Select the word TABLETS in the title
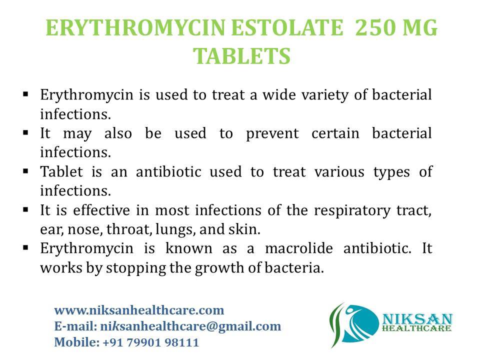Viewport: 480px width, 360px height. (241, 56)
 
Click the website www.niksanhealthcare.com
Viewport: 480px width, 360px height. (139, 310)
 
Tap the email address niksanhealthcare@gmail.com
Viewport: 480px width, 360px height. (190, 326)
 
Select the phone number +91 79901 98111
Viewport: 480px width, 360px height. (150, 343)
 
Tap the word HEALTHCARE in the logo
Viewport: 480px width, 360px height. (416, 328)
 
